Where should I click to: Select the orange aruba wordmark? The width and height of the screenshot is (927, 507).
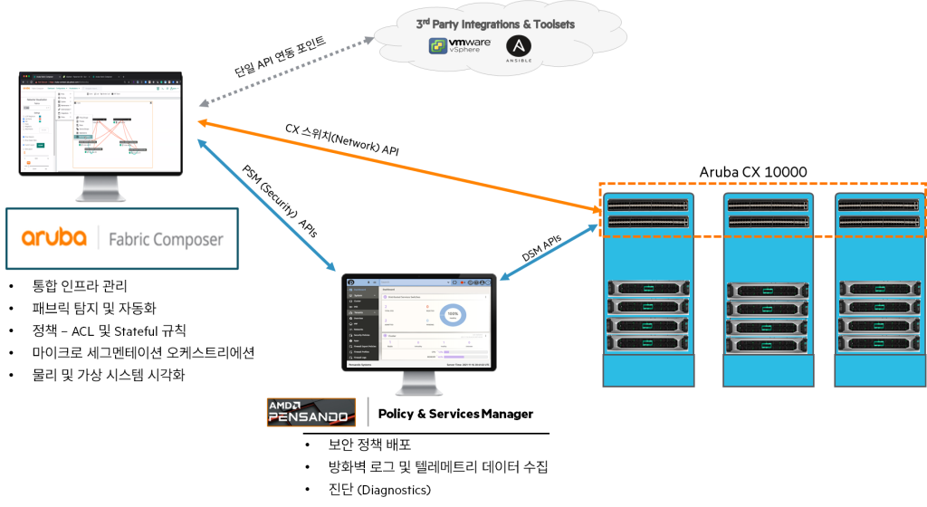click(53, 238)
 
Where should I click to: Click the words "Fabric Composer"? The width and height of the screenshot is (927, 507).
click(165, 240)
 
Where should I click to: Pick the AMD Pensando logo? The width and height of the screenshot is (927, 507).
click(311, 412)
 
